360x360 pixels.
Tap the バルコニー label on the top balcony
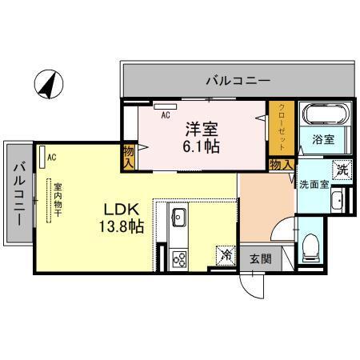pos(238,80)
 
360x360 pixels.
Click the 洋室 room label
pos(203,128)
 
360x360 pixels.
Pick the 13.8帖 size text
pos(122,226)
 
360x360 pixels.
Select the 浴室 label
pos(323,138)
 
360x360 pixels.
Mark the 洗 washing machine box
pos(342,169)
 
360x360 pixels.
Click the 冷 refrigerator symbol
pos(226,257)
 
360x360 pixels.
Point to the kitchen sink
pos(178,217)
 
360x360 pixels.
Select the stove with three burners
pos(179,258)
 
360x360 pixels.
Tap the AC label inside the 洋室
pos(166,115)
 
